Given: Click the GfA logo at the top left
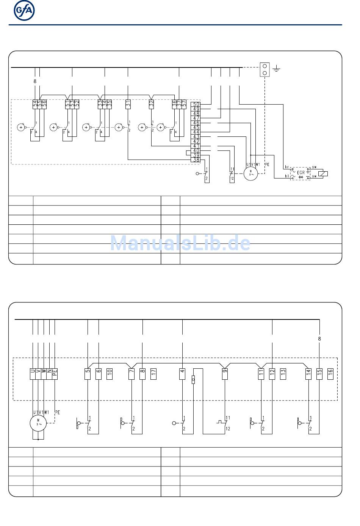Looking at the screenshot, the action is click(24, 11).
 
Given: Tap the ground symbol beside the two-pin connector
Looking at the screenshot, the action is click(277, 69).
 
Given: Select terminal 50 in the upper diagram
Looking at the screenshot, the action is click(196, 104).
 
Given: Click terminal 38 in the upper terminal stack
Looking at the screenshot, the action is click(196, 160).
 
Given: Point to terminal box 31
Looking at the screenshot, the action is click(128, 104).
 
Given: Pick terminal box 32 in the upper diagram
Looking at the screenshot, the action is click(151, 104).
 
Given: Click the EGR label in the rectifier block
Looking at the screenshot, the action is click(301, 172).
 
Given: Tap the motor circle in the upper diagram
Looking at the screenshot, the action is click(250, 173).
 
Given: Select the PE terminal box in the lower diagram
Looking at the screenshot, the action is click(55, 374).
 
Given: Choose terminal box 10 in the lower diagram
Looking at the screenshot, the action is click(110, 374).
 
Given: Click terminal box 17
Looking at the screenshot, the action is click(153, 374).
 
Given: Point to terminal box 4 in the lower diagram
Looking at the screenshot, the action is click(182, 374).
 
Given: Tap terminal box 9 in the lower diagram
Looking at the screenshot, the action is click(225, 374).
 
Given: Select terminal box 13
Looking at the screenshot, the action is click(283, 374).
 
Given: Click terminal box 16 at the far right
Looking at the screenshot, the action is click(330, 374).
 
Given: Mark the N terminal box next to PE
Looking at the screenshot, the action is click(49, 374).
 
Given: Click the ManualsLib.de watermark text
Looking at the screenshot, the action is click(180, 243).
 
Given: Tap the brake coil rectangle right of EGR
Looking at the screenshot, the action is click(323, 174).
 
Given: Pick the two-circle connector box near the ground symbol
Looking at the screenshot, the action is click(265, 69).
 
